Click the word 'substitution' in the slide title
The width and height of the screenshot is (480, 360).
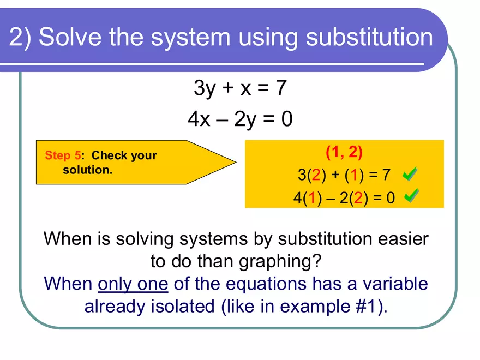[x=369, y=37]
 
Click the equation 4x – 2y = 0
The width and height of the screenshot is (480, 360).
[x=240, y=119]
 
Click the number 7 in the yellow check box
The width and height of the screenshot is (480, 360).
[x=386, y=175]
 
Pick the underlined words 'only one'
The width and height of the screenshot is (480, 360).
[x=133, y=284]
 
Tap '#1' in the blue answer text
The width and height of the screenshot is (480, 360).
[x=368, y=307]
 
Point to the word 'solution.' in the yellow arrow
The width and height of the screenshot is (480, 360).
[x=88, y=170]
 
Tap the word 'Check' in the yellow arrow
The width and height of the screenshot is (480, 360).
[x=109, y=155]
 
